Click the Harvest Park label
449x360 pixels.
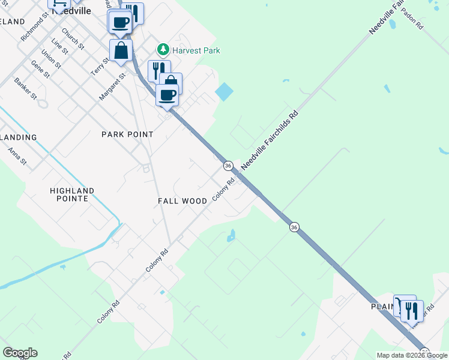(196, 50)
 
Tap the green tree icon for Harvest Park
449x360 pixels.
(161, 49)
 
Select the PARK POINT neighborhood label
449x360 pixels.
(127, 134)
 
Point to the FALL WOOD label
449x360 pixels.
(182, 201)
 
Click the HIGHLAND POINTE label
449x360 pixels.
(72, 194)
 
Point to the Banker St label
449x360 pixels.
(26, 88)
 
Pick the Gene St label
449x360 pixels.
(40, 70)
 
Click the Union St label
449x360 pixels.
(50, 59)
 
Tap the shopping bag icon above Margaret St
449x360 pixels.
(121, 50)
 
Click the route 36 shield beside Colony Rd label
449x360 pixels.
(228, 165)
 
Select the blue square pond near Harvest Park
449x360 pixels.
(224, 92)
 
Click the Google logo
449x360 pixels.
(20, 353)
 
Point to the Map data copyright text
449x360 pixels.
(412, 355)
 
